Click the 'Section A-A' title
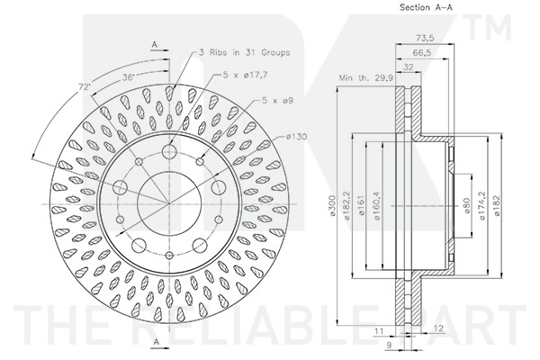pyautogui.click(x=426, y=7)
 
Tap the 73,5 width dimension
pyautogui.click(x=424, y=38)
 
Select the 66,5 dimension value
pyautogui.click(x=422, y=52)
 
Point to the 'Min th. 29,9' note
pyautogui.click(x=365, y=78)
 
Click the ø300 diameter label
pyautogui.click(x=333, y=205)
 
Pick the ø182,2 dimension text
pyautogui.click(x=346, y=206)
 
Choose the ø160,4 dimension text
pyautogui.click(x=376, y=206)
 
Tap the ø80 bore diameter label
pyautogui.click(x=466, y=206)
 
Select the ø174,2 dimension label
pyautogui.click(x=482, y=206)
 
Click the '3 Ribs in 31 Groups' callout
pyautogui.click(x=244, y=52)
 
